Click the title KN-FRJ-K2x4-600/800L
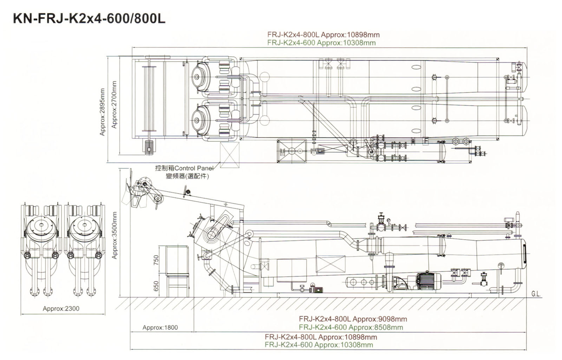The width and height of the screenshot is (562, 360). click(89, 19)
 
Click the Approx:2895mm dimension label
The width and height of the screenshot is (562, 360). click(102, 112)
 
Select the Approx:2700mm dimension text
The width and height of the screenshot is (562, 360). click(114, 104)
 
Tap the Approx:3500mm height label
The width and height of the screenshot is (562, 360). click(115, 235)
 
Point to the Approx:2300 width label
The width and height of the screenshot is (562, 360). click(61, 309)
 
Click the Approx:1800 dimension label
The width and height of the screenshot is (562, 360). click(160, 328)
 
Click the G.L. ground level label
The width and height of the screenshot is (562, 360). click(536, 294)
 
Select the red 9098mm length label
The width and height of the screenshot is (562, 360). click(353, 319)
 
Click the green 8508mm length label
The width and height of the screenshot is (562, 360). click(351, 327)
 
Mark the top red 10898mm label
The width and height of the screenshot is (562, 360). click(324, 34)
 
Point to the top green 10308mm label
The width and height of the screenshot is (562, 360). click(321, 43)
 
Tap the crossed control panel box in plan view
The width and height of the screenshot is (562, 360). click(230, 155)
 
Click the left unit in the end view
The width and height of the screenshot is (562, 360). click(41, 246)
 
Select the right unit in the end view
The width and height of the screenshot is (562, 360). click(85, 246)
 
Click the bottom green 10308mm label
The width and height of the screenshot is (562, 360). click(319, 345)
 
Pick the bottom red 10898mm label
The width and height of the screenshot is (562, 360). click(321, 337)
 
